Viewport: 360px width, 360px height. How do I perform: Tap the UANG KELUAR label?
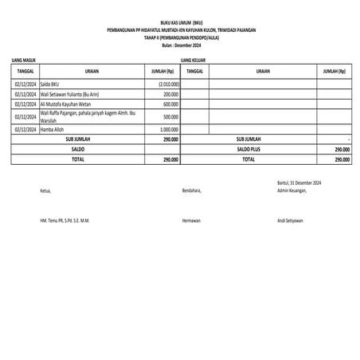[194, 60]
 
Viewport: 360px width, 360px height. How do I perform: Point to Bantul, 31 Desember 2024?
[299, 184]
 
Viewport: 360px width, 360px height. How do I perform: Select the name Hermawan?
[192, 220]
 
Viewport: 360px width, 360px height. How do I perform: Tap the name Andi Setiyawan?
[292, 220]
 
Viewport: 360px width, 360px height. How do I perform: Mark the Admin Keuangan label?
[293, 191]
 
